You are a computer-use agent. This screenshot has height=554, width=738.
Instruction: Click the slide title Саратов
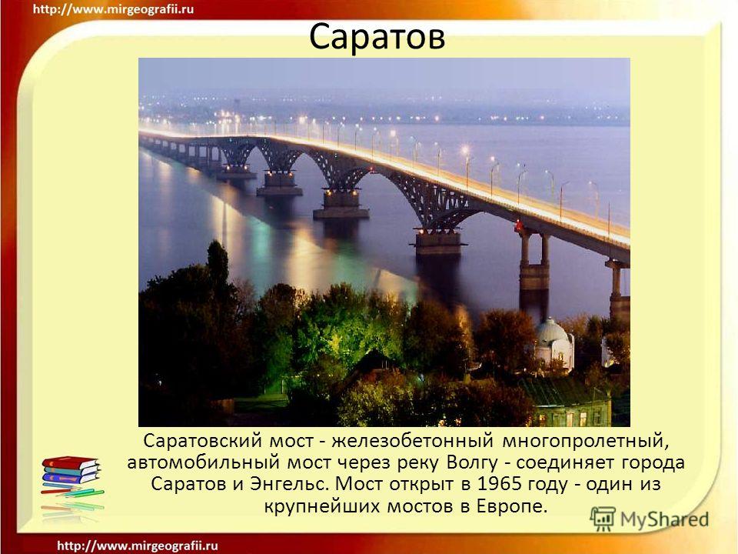click(x=377, y=37)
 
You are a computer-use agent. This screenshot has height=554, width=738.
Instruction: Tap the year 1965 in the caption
click(x=498, y=484)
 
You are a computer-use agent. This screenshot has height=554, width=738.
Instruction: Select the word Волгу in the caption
click(x=471, y=462)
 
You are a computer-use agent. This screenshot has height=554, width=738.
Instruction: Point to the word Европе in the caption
click(x=513, y=506)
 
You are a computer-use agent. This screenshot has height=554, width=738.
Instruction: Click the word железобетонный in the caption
click(x=412, y=442)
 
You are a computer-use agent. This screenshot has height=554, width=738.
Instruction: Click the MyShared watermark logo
click(x=650, y=519)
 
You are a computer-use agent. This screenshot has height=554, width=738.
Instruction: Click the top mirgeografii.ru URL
click(x=113, y=9)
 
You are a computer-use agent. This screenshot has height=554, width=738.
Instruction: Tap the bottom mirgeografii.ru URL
click(x=138, y=546)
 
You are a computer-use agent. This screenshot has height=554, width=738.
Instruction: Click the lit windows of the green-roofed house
click(x=570, y=419)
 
